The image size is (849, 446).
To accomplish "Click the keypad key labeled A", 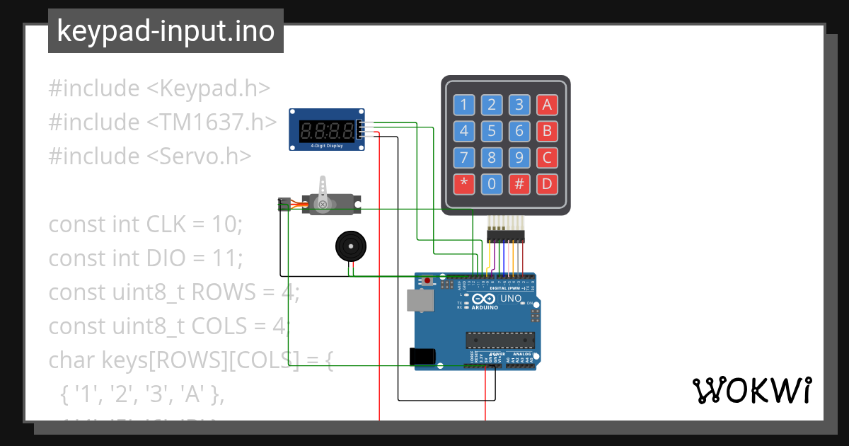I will click(545, 105).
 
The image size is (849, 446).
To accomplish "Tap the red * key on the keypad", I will click(463, 184).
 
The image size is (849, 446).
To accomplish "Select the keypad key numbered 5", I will click(491, 132).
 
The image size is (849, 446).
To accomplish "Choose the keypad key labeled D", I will click(545, 184).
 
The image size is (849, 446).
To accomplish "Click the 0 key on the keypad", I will click(491, 184).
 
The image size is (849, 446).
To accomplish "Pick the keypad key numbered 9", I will click(519, 158).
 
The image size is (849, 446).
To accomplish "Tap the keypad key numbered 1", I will click(463, 105).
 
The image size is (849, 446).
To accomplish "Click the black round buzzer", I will click(350, 247).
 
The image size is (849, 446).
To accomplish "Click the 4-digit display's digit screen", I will click(327, 130).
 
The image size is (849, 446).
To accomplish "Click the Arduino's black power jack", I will click(422, 358).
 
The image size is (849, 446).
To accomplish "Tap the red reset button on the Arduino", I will click(429, 282).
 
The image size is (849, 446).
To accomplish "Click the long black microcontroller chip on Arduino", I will click(499, 340).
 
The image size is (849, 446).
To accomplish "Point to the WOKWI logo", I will click(751, 390).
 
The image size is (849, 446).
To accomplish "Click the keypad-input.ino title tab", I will click(166, 31).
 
